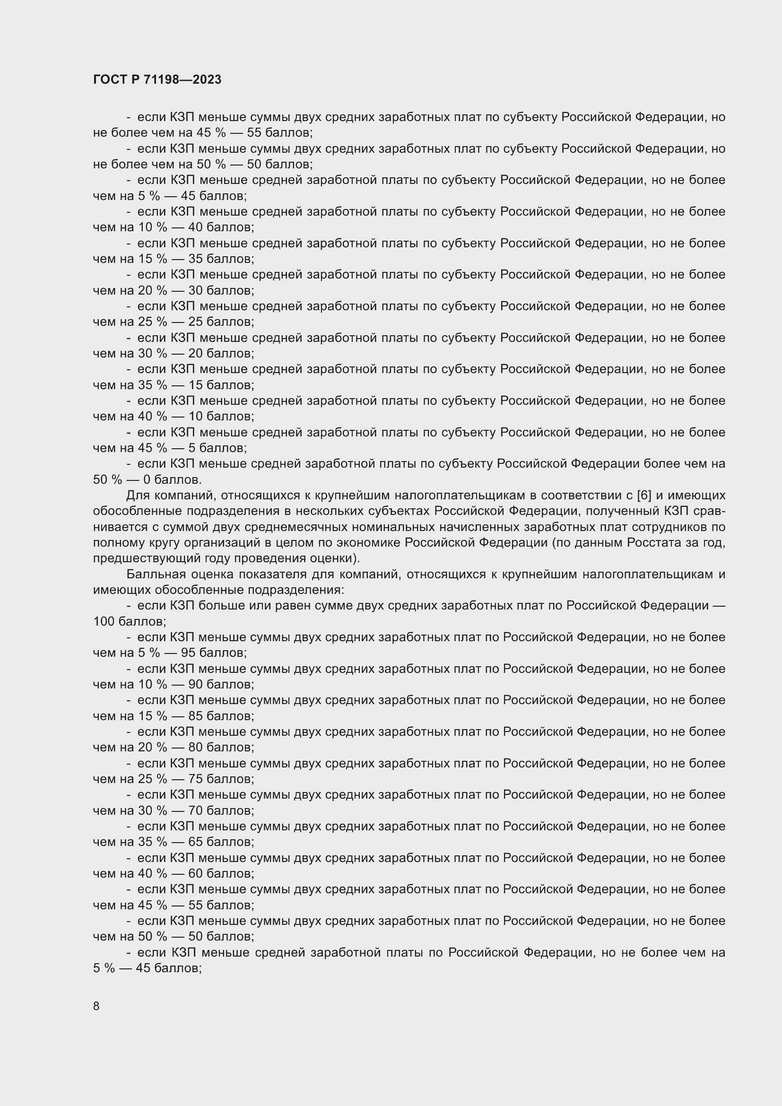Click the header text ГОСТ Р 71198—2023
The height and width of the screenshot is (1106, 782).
coord(157,80)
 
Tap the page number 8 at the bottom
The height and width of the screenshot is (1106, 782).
coord(96,1006)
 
